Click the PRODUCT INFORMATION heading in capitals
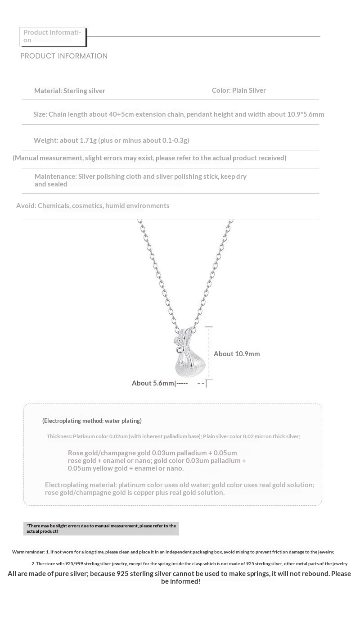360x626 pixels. [x=64, y=56]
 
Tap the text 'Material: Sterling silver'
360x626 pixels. [x=69, y=91]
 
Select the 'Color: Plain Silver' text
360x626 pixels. [x=238, y=90]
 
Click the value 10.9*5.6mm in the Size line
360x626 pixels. [x=306, y=114]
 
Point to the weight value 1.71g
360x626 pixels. [x=88, y=140]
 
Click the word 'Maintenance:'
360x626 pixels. [x=55, y=176]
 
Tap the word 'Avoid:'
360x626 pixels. [x=26, y=205]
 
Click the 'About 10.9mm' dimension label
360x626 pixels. [x=237, y=354]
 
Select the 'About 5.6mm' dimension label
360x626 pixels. [x=153, y=383]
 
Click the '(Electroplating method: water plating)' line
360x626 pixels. [x=92, y=421]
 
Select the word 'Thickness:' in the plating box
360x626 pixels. [x=59, y=436]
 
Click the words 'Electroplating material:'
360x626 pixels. [x=81, y=485]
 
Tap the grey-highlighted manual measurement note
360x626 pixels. [x=101, y=528]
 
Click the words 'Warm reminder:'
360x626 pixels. [x=28, y=552]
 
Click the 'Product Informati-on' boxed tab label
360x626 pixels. [x=52, y=36]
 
